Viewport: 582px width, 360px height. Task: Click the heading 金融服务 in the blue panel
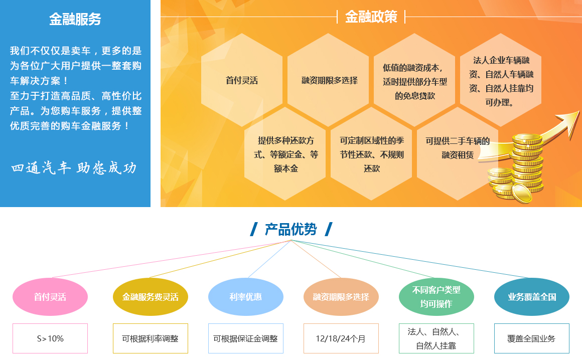pyautogui.click(x=75, y=19)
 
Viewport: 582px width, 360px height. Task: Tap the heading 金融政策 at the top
pyautogui.click(x=371, y=17)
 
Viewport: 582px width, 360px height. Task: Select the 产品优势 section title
pyautogui.click(x=291, y=230)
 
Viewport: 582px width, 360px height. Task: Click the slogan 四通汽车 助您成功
pyautogui.click(x=74, y=168)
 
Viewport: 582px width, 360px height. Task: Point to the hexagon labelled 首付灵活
pyautogui.click(x=242, y=80)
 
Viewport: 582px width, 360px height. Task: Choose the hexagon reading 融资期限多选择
pyautogui.click(x=328, y=80)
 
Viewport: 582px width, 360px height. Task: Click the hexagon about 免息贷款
pyautogui.click(x=414, y=80)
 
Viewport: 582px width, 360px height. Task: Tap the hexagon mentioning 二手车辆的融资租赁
pyautogui.click(x=458, y=153)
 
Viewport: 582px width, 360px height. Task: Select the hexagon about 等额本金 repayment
pyautogui.click(x=285, y=153)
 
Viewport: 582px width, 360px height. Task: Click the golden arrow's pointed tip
pyautogui.click(x=578, y=111)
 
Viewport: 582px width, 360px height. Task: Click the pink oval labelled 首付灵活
pyautogui.click(x=50, y=297)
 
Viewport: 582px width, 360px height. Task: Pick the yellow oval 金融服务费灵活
pyautogui.click(x=151, y=297)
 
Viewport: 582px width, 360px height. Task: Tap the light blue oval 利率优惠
pyautogui.click(x=246, y=297)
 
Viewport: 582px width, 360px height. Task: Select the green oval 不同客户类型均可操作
pyautogui.click(x=436, y=297)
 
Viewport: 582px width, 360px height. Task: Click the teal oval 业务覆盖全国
pyautogui.click(x=532, y=297)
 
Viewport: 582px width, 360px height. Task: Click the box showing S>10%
pyautogui.click(x=50, y=338)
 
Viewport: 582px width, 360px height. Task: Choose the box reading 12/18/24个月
pyautogui.click(x=341, y=338)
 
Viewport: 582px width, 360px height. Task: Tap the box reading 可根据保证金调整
pyautogui.click(x=246, y=338)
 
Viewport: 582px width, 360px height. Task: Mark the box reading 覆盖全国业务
pyautogui.click(x=532, y=338)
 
